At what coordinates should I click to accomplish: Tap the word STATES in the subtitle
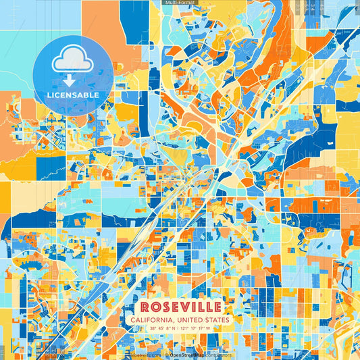point(216,319)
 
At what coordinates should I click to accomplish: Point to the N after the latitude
point(174,330)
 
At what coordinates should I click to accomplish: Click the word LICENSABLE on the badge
point(73,95)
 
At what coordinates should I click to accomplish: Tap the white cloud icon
point(73,61)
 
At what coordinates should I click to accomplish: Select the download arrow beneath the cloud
point(73,80)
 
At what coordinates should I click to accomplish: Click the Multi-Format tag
point(179,3)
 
